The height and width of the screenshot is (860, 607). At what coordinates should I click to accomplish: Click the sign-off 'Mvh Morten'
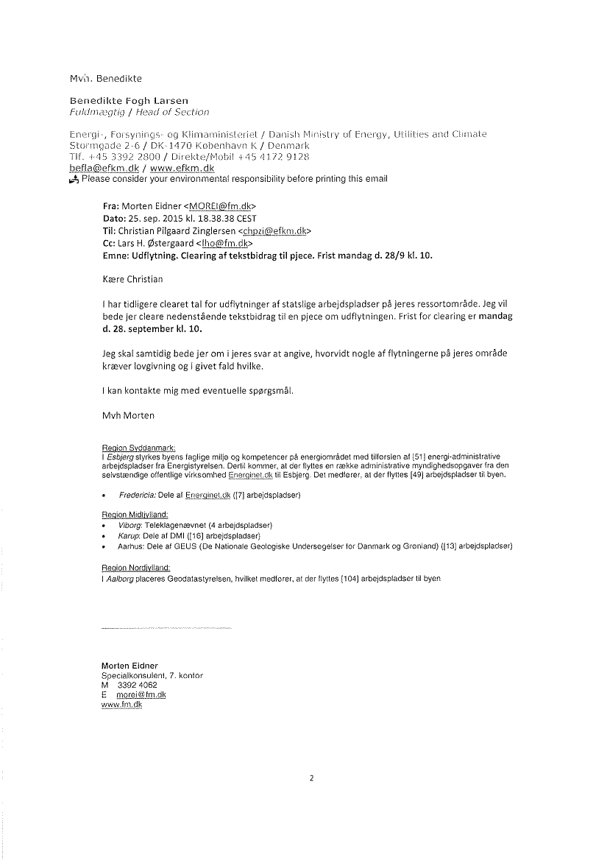click(129, 415)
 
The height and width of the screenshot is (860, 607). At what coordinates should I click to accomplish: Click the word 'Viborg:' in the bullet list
click(130, 525)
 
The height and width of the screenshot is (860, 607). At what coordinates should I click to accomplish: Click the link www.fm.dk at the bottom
click(121, 705)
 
